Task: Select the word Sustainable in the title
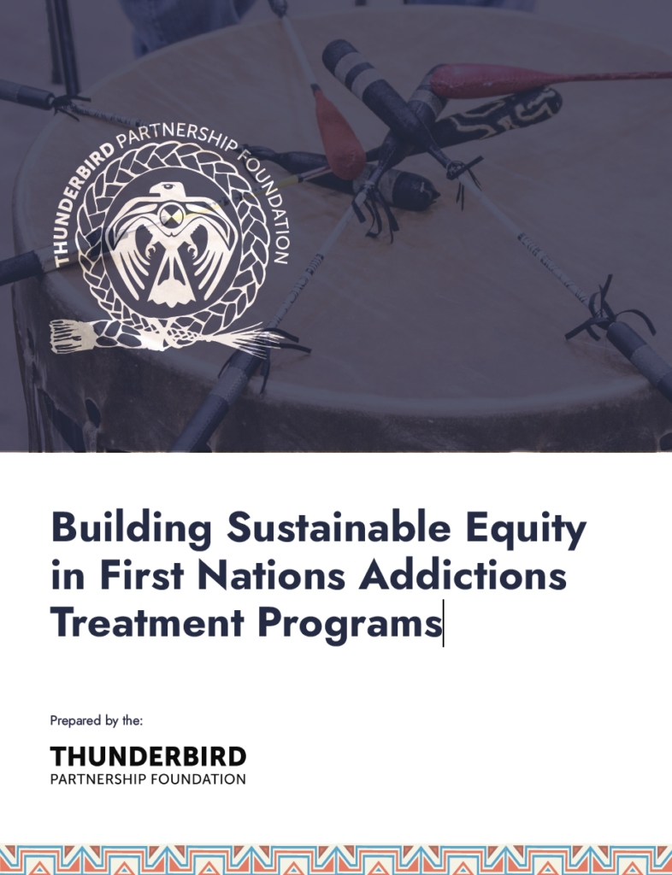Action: pyautogui.click(x=339, y=526)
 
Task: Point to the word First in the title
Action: pyautogui.click(x=142, y=575)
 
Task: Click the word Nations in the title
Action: pyautogui.click(x=272, y=575)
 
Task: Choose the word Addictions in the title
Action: pyautogui.click(x=463, y=575)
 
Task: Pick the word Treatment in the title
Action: pyautogui.click(x=147, y=622)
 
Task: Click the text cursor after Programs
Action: pyautogui.click(x=444, y=623)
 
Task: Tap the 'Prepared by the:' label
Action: pyautogui.click(x=97, y=720)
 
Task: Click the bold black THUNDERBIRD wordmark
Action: pyautogui.click(x=148, y=757)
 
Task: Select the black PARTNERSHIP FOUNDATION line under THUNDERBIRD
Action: pyautogui.click(x=148, y=779)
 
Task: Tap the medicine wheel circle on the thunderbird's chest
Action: pyautogui.click(x=172, y=215)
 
